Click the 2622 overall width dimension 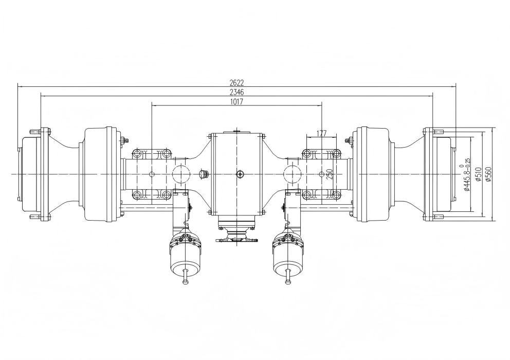(x=237, y=82)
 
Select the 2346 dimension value (x=237, y=92)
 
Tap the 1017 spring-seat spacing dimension (x=237, y=101)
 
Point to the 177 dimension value (x=321, y=134)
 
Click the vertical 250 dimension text (x=330, y=174)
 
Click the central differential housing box (x=237, y=174)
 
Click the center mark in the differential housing (x=239, y=174)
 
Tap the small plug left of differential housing (x=203, y=173)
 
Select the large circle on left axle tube (x=181, y=174)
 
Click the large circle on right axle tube (x=294, y=174)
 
